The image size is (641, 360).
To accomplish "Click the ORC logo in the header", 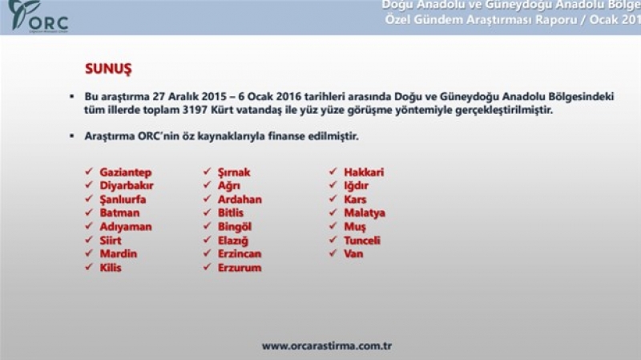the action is click(38, 16).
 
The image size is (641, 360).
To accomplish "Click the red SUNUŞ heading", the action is click(108, 68).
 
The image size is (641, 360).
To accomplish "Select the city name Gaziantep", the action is click(126, 172).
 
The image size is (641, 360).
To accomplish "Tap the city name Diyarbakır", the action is click(127, 186).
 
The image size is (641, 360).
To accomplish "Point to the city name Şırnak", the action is click(234, 172).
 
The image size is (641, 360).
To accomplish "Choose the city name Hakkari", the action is click(364, 172).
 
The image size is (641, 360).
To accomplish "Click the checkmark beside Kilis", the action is click(89, 267).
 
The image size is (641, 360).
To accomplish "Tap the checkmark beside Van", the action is click(333, 253).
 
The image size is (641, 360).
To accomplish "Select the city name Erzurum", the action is click(240, 268).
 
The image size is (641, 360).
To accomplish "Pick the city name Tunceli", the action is click(362, 241).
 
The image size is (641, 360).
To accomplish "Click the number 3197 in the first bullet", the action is click(195, 110).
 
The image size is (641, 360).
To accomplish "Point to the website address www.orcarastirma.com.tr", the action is click(327, 346).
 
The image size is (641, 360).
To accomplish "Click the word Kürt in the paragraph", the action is click(222, 110).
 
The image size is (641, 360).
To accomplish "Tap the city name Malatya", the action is click(365, 213).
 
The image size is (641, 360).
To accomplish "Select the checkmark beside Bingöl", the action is click(208, 226).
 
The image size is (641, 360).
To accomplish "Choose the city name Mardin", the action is click(119, 253).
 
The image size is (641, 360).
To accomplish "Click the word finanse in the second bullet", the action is click(285, 136).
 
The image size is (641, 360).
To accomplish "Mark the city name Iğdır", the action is click(356, 186).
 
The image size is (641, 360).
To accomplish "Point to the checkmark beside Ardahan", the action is click(208, 198).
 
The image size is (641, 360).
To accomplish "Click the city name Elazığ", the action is click(233, 241).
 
